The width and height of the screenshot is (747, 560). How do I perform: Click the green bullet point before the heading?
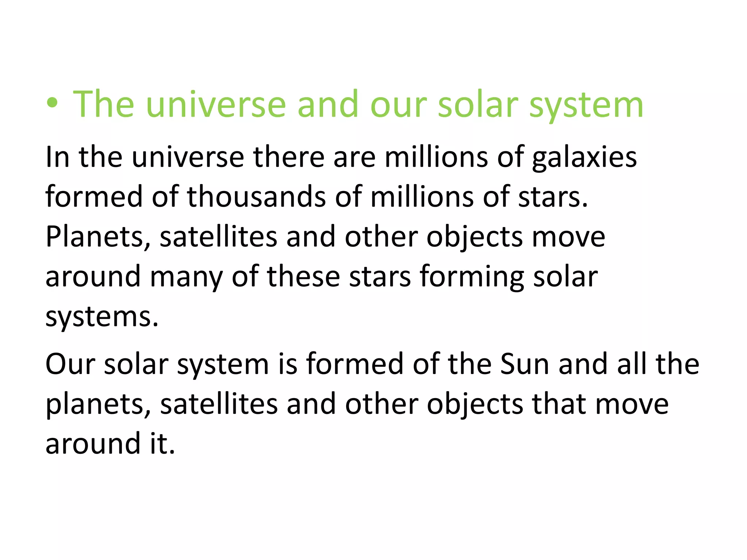(x=52, y=104)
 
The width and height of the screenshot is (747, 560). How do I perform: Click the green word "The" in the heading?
(x=104, y=104)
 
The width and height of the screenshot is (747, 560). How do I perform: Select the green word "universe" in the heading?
(x=216, y=104)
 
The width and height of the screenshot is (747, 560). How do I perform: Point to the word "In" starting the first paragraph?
(x=57, y=157)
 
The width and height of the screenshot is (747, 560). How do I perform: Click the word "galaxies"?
(x=584, y=158)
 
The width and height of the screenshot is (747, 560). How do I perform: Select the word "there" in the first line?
(x=289, y=157)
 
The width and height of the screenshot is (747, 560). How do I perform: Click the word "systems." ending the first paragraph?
(x=102, y=317)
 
